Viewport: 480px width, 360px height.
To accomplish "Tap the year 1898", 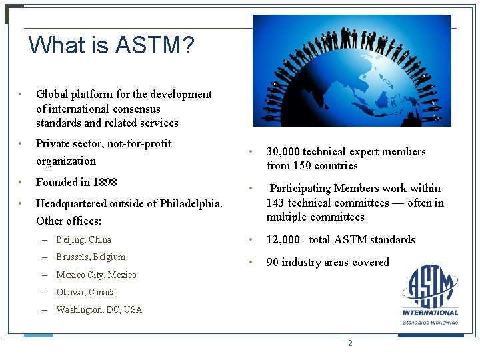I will (104, 182).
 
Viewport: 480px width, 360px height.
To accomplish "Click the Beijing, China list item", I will (83, 239).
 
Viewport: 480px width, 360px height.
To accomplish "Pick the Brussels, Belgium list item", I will (91, 257).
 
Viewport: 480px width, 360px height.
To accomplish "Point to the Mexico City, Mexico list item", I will (96, 275).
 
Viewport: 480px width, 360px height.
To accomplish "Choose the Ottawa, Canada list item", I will (86, 292).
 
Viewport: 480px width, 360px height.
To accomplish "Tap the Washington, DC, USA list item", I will (99, 309).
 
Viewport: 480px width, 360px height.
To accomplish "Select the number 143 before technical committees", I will (277, 203).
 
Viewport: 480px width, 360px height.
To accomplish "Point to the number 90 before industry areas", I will (272, 262).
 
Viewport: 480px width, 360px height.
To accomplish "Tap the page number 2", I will (350, 343).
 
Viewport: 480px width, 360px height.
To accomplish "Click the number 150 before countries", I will (303, 165).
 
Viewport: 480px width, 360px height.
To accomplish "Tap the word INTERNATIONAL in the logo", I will (430, 312).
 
